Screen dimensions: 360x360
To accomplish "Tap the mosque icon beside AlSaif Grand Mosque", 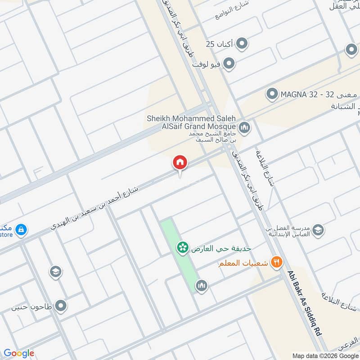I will click(x=245, y=128).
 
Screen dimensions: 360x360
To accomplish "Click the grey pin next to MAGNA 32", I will click(x=272, y=94).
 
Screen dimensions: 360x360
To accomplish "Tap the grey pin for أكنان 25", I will click(x=243, y=44).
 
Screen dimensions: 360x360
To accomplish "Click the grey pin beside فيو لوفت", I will click(x=229, y=64).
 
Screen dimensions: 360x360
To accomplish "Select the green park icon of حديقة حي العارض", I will click(x=182, y=248).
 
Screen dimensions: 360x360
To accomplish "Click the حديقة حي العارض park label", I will click(x=221, y=248).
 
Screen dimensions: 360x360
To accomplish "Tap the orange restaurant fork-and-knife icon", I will click(x=276, y=262).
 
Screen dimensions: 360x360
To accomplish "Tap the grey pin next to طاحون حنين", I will click(x=60, y=306).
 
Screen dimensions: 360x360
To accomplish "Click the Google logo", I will click(x=19, y=353).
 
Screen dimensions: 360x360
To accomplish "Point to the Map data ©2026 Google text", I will click(x=324, y=355).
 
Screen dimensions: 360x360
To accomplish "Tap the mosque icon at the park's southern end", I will click(x=201, y=285).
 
